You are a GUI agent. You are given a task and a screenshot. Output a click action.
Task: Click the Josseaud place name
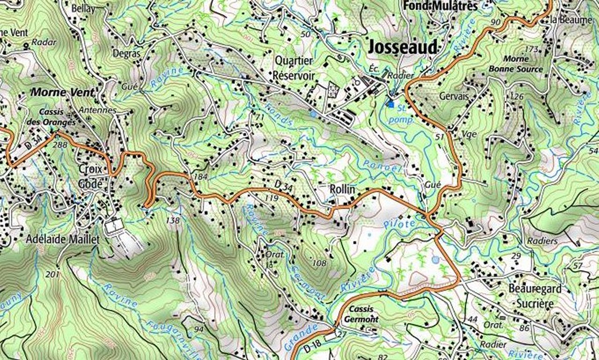403,47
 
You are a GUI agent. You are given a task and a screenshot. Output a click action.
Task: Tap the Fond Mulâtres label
440,6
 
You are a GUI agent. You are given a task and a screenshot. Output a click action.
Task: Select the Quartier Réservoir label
294,68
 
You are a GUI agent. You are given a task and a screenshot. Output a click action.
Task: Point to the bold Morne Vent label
62,92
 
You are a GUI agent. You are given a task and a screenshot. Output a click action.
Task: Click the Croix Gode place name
90,177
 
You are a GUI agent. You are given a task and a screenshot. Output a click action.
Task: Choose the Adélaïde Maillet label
64,240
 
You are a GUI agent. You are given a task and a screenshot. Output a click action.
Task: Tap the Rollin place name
342,189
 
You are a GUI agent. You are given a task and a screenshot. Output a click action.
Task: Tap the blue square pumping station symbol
391,104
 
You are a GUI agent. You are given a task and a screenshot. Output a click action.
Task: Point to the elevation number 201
52,274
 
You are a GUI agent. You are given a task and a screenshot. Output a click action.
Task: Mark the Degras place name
126,53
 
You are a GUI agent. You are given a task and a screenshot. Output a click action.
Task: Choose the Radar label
44,42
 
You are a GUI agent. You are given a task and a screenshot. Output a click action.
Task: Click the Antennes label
98,110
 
